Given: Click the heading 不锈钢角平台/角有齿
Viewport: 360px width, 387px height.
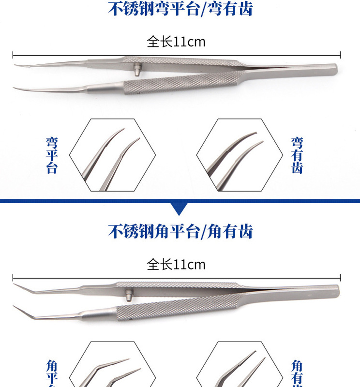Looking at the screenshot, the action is pos(180,231).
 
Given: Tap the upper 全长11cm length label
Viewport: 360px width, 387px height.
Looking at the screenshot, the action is pos(176,42).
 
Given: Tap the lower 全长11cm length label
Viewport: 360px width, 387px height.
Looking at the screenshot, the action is pos(176,265).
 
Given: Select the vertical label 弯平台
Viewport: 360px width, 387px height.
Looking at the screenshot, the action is pos(52,155).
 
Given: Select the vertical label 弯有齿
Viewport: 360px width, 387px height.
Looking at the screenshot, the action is pos(297,155).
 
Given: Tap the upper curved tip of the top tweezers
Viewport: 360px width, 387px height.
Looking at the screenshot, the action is pos(17,66).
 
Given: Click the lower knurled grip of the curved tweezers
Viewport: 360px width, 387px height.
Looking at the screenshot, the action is pos(179,85).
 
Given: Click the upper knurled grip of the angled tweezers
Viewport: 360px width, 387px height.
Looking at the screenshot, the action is pos(179,286).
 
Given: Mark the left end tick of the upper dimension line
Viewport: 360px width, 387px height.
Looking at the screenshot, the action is pos(13,55).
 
